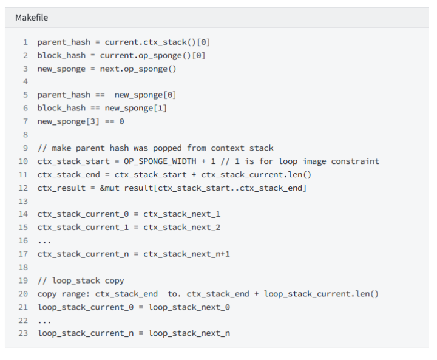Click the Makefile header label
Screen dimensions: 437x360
pyautogui.click(x=32, y=18)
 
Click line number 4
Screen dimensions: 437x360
pyautogui.click(x=25, y=82)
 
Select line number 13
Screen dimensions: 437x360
pyautogui.click(x=23, y=202)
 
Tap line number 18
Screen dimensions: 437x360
pyautogui.click(x=23, y=268)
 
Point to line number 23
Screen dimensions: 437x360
pyautogui.click(x=23, y=333)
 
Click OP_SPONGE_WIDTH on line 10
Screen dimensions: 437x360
pyautogui.click(x=160, y=161)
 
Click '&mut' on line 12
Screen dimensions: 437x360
pyautogui.click(x=109, y=188)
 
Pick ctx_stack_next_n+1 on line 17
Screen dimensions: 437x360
pyautogui.click(x=187, y=254)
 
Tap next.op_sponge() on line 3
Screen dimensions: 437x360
pyautogui.click(x=138, y=69)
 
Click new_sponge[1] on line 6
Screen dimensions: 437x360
pyautogui.click(x=136, y=108)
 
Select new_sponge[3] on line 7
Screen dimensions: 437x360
pyautogui.click(x=68, y=121)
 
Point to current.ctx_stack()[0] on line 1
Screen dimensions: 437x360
pyautogui.click(x=157, y=42)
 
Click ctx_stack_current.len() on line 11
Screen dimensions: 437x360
pyautogui.click(x=256, y=175)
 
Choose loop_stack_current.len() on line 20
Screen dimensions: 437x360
pyautogui.click(x=321, y=294)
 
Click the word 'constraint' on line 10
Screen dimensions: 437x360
pyautogui.click(x=355, y=161)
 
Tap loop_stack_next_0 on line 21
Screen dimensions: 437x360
pyautogui.click(x=189, y=307)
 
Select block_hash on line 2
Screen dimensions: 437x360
pyautogui.click(x=61, y=55)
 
